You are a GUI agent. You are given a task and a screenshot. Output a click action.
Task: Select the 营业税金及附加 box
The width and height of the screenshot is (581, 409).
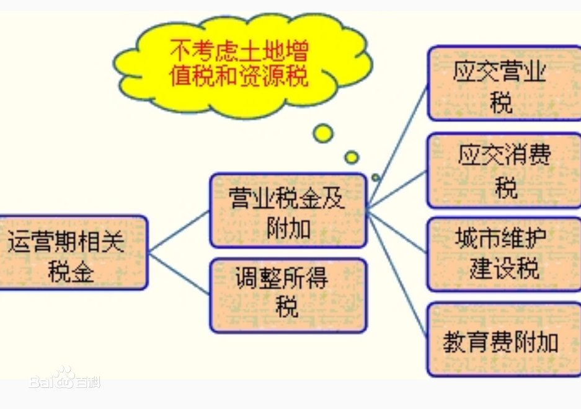(x=288, y=210)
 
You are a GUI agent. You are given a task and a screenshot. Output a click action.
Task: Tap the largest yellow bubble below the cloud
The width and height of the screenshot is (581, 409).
(x=323, y=133)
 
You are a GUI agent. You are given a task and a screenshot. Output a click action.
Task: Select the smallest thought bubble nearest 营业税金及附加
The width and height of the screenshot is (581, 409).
(x=375, y=178)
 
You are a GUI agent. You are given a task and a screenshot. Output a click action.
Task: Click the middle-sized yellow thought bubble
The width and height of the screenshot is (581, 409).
(x=352, y=157)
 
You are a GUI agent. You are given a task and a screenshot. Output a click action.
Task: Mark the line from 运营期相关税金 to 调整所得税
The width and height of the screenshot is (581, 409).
(x=180, y=273)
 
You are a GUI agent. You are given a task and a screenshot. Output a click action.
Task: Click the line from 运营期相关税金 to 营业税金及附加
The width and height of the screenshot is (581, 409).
(x=180, y=232)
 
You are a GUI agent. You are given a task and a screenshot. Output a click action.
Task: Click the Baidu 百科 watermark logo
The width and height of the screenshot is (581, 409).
(x=65, y=378)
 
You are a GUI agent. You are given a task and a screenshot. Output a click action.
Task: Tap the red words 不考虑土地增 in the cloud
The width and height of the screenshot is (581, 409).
(x=241, y=50)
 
